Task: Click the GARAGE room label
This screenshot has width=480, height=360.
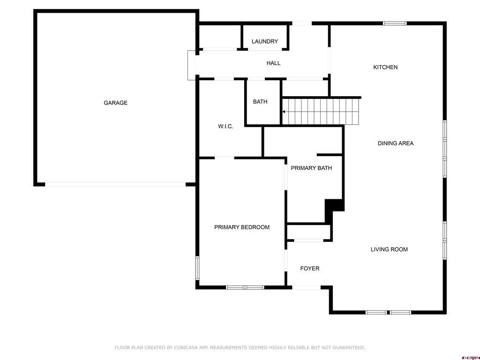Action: (x=115, y=103)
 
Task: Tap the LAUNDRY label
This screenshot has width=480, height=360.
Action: (x=265, y=41)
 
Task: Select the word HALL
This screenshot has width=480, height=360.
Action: (x=273, y=63)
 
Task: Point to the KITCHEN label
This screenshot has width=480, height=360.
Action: (x=385, y=67)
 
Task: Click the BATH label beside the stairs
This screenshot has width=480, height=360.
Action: (x=260, y=102)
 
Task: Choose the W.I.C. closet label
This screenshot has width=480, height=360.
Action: (x=225, y=126)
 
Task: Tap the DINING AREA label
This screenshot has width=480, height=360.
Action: (x=396, y=143)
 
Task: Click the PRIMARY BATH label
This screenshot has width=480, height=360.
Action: (x=311, y=168)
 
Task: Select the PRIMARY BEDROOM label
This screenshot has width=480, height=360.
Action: (x=242, y=227)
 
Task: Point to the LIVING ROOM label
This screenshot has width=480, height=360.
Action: (x=389, y=249)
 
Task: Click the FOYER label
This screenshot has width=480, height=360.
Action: (x=310, y=269)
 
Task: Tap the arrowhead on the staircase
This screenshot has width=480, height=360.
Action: (x=284, y=112)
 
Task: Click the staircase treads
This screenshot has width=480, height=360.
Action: (x=320, y=112)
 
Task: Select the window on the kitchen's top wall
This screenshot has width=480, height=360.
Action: (x=395, y=23)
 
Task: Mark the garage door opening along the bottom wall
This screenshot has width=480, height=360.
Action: (x=115, y=185)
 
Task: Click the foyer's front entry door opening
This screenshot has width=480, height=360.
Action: (x=307, y=287)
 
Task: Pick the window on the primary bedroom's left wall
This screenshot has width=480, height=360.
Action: (x=197, y=268)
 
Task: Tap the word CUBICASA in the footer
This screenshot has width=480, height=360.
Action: (x=186, y=347)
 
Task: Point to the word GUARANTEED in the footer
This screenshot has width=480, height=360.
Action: (x=349, y=347)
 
